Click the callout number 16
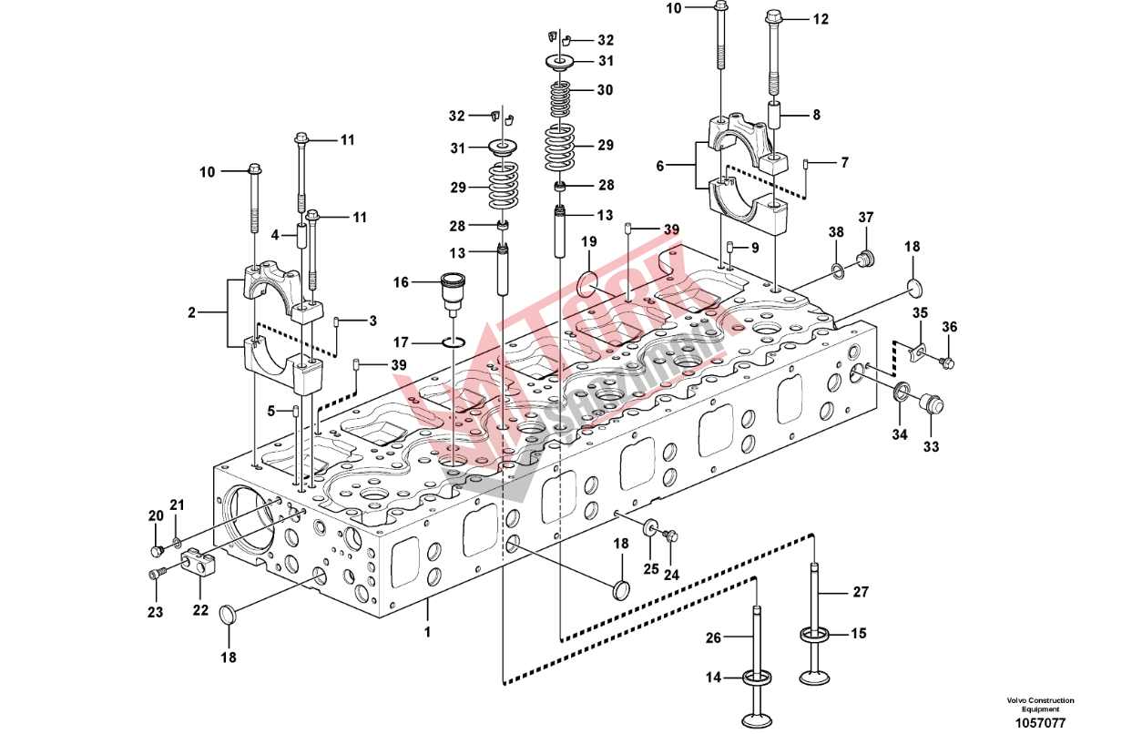click(401, 282)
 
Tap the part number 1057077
click(1040, 722)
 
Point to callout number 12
click(821, 18)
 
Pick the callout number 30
click(605, 90)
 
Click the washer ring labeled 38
click(836, 270)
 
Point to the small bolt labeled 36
click(947, 363)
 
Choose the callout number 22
click(200, 609)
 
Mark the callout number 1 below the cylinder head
click(428, 629)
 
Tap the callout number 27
click(861, 592)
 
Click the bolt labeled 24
click(672, 536)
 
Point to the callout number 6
click(659, 166)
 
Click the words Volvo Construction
click(1040, 700)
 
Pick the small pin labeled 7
click(807, 164)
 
